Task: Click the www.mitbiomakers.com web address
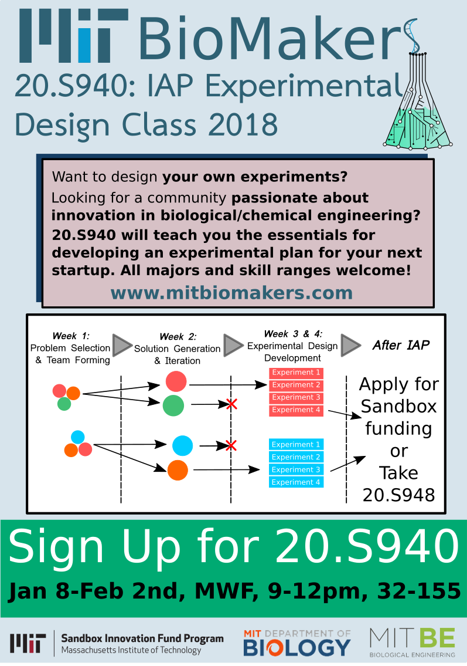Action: click(231, 293)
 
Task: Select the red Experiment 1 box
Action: click(296, 373)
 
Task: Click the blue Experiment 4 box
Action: click(296, 482)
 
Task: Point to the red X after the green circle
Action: click(231, 404)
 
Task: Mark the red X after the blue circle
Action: click(231, 445)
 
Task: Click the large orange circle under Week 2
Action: click(178, 470)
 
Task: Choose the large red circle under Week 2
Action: click(176, 381)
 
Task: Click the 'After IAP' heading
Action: click(401, 345)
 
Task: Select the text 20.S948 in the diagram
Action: click(398, 495)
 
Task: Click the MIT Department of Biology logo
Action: click(297, 643)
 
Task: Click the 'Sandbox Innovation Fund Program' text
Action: click(142, 638)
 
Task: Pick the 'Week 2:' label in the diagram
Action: click(178, 337)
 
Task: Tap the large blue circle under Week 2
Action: click(183, 445)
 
